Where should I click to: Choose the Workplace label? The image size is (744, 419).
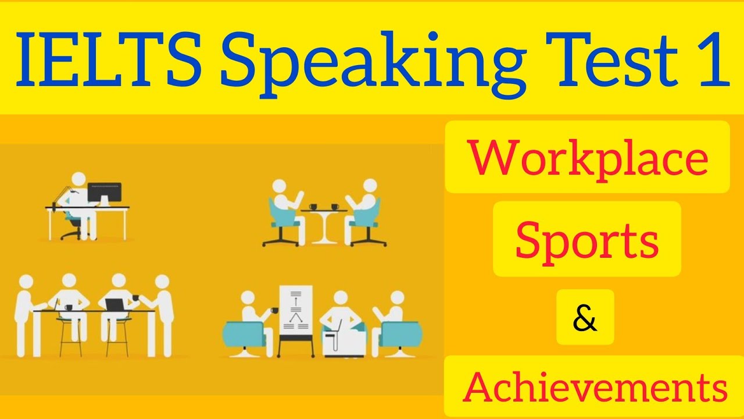point(587,158)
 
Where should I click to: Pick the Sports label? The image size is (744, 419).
point(586,239)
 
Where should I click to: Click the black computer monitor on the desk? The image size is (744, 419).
point(105,193)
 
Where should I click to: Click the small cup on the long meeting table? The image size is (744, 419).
point(69,307)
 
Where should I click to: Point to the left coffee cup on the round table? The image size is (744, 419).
point(314,206)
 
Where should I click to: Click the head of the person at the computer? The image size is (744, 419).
point(80,180)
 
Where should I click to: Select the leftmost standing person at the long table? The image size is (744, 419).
point(24,314)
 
